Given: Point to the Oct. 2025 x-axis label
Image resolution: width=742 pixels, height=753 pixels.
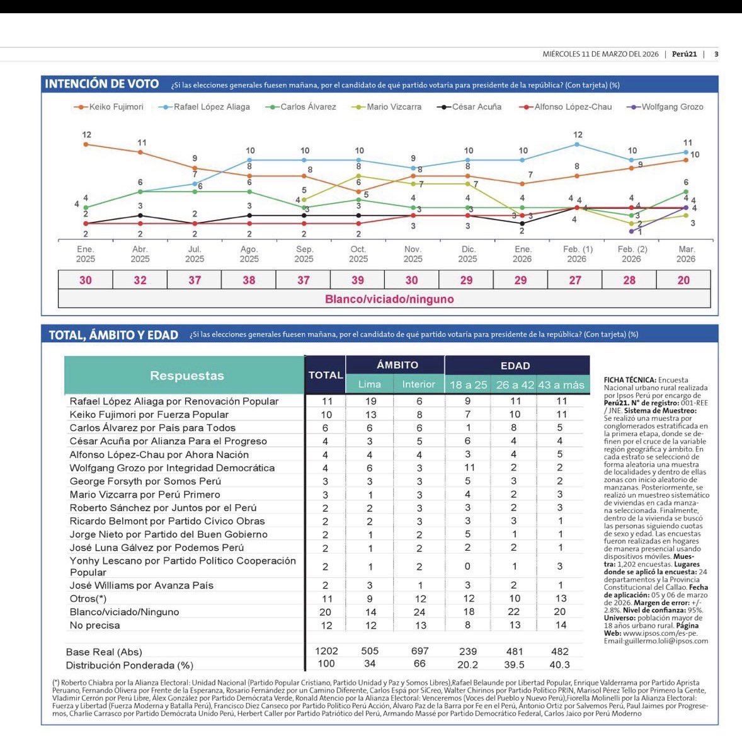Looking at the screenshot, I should tap(358, 254).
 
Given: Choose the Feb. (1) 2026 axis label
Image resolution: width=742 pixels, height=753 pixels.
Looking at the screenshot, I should tap(577, 254).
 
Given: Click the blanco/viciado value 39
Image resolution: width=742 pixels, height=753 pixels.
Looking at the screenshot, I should tap(358, 280).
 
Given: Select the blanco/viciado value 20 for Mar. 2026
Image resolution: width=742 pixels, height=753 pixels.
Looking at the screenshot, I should tap(683, 280).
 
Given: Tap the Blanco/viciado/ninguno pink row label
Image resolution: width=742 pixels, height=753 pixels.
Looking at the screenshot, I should tap(389, 299).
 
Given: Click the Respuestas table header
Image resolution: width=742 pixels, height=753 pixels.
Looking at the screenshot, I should tap(186, 376).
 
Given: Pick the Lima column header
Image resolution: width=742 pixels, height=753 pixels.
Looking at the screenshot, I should tap(370, 384).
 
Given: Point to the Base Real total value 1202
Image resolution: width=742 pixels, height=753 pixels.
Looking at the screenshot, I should tap(326, 652).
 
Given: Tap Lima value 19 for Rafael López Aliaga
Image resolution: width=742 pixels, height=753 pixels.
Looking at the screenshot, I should tap(370, 401).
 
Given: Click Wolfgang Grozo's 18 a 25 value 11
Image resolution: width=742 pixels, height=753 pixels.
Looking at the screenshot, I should tap(468, 468).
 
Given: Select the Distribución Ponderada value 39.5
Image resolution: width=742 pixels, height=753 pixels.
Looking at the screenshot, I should tap(514, 665).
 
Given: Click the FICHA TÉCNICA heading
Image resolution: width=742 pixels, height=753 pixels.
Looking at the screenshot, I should tap(630, 380).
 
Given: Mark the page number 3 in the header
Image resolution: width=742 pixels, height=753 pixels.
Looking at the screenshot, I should tap(716, 54).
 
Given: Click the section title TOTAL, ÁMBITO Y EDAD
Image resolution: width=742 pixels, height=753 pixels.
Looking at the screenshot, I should tap(113, 335).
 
